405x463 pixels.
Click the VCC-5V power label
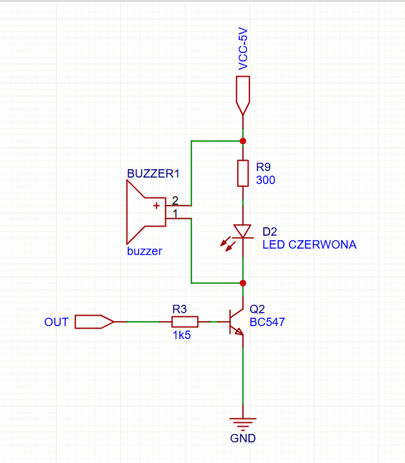point(242,48)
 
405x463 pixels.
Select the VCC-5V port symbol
point(242,95)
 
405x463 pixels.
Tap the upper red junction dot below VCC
point(242,141)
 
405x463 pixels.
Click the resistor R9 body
point(242,173)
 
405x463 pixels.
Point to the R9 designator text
point(263,167)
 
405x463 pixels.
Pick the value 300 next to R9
point(266,180)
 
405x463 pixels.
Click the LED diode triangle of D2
point(242,231)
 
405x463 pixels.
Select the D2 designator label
point(270,232)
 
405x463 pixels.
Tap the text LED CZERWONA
point(310,245)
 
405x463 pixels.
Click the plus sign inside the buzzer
point(156,206)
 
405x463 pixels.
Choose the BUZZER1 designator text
point(153,174)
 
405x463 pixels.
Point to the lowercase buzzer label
point(144,251)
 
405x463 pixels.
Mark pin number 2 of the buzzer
point(175,200)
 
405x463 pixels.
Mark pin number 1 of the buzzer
point(175,214)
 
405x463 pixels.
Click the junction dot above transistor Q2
point(242,283)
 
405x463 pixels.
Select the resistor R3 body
point(185,322)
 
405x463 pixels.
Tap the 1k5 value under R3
point(182,335)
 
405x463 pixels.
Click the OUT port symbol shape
point(94,322)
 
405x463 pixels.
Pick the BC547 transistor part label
point(267,322)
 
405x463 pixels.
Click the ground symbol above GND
point(242,422)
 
